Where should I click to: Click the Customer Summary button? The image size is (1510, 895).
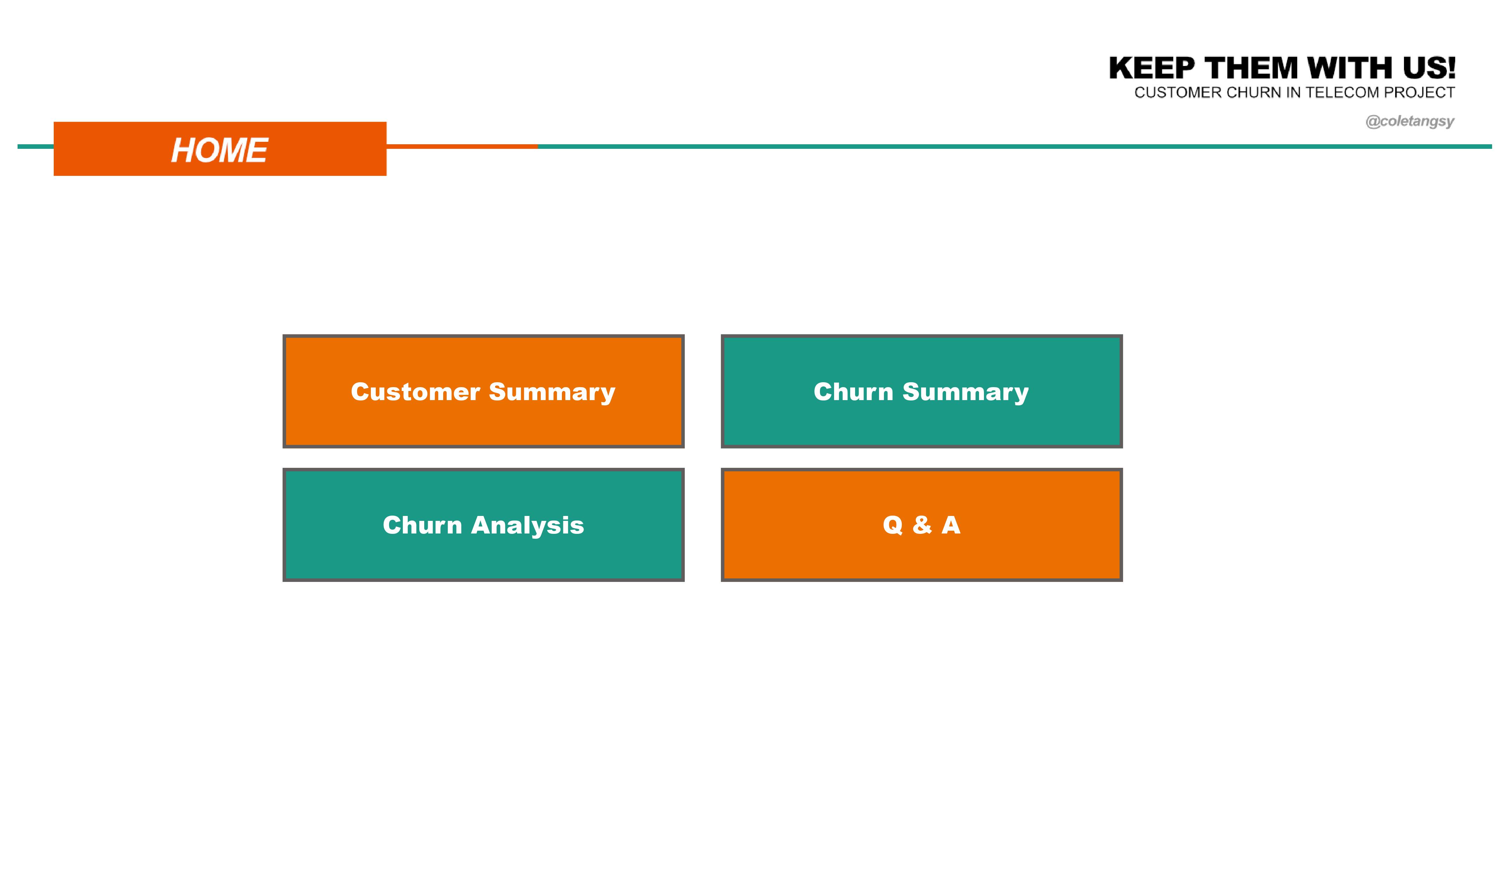(x=483, y=391)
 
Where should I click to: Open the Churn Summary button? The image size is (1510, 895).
(x=921, y=391)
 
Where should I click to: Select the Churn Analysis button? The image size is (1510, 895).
(x=483, y=525)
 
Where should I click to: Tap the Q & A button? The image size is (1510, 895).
(x=921, y=525)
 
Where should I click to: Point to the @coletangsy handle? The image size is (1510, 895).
(x=1410, y=121)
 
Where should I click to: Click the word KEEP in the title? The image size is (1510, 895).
(x=1152, y=68)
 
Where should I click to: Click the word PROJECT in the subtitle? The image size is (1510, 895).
(x=1419, y=92)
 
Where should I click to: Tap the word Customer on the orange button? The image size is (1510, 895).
(x=416, y=392)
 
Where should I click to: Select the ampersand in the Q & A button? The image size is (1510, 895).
(x=922, y=525)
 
